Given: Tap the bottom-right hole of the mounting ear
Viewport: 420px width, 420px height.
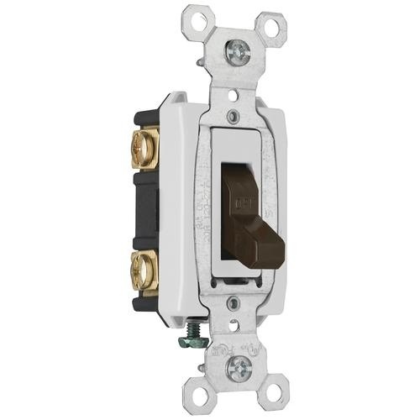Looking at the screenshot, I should [x=280, y=395].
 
